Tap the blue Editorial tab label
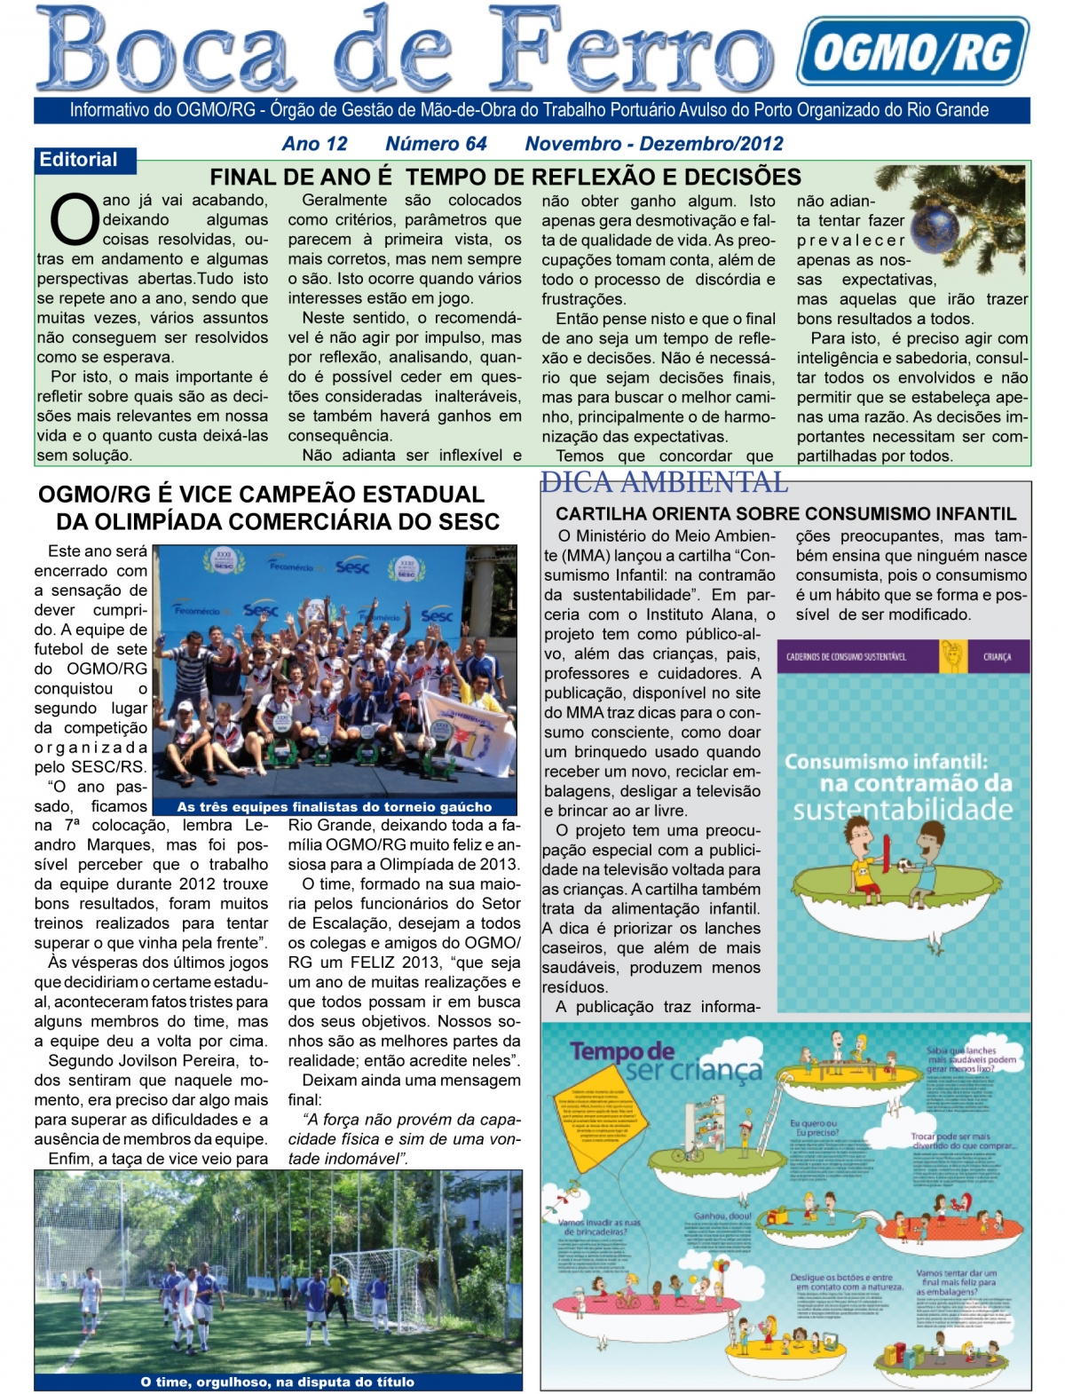tap(78, 160)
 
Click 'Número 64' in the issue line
tap(436, 144)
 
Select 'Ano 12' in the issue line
tap(314, 144)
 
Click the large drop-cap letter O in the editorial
tap(73, 219)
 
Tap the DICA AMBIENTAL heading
tap(664, 482)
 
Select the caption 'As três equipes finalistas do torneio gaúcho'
tap(334, 807)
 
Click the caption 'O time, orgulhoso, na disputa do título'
tap(277, 1382)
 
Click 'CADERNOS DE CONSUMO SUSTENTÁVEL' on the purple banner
tap(846, 657)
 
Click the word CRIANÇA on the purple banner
tap(997, 657)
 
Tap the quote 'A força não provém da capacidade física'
tap(404, 1129)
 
